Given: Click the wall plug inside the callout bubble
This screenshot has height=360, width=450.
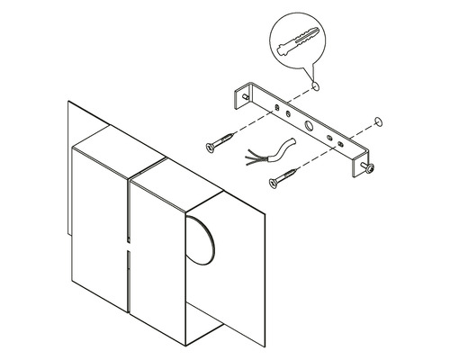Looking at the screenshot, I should point(298,43).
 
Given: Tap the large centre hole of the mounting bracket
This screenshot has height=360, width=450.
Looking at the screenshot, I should point(308,125).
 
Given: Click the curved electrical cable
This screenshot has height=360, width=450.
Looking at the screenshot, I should point(269,151).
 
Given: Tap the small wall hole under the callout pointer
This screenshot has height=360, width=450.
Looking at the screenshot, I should point(317,86).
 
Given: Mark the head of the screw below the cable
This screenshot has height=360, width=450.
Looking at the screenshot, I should point(272,182).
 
